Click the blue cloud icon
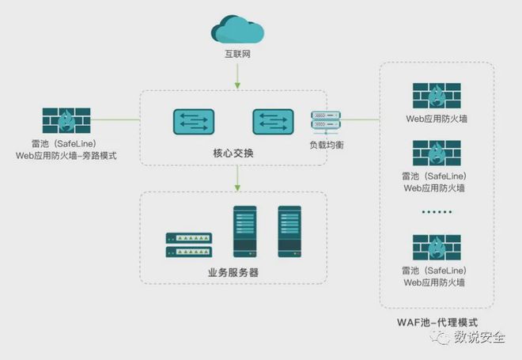click(237, 29)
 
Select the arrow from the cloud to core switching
click(237, 75)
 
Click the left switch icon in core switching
click(194, 121)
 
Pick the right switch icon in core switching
click(273, 121)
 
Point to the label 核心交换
click(234, 152)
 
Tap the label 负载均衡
click(326, 146)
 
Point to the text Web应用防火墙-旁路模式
click(66, 156)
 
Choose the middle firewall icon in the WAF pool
click(437, 154)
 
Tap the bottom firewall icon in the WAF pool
click(437, 248)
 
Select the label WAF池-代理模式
click(437, 323)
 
